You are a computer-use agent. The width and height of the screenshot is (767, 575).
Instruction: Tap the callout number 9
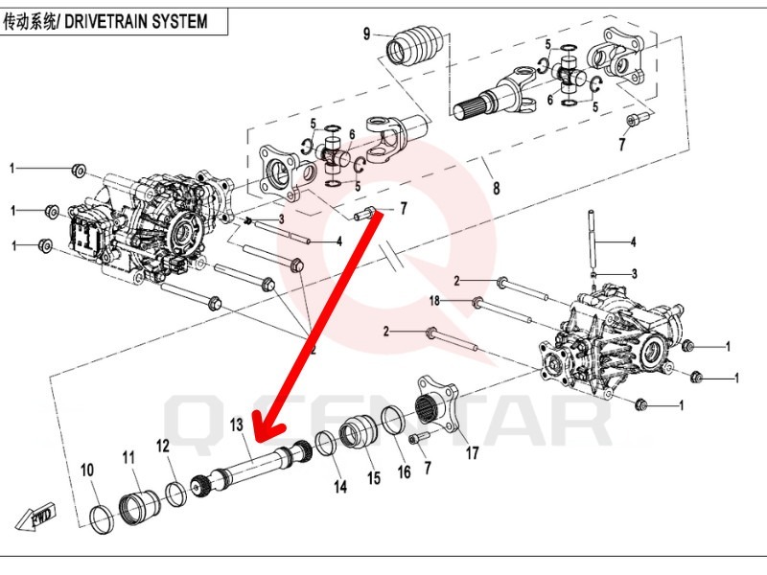pos(366,34)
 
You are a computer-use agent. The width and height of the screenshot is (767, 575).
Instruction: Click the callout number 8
pos(495,188)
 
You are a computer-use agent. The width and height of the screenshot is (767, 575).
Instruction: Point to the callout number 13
pos(237,424)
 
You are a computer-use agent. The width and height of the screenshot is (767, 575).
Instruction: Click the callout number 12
pos(163,446)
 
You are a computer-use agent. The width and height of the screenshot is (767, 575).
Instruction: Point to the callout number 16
pos(404,471)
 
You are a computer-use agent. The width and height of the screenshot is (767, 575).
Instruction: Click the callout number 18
pos(434,301)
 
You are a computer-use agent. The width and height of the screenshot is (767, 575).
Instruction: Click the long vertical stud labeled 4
pos(596,244)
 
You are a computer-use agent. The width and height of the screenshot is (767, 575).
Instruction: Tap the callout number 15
pos(372,477)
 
